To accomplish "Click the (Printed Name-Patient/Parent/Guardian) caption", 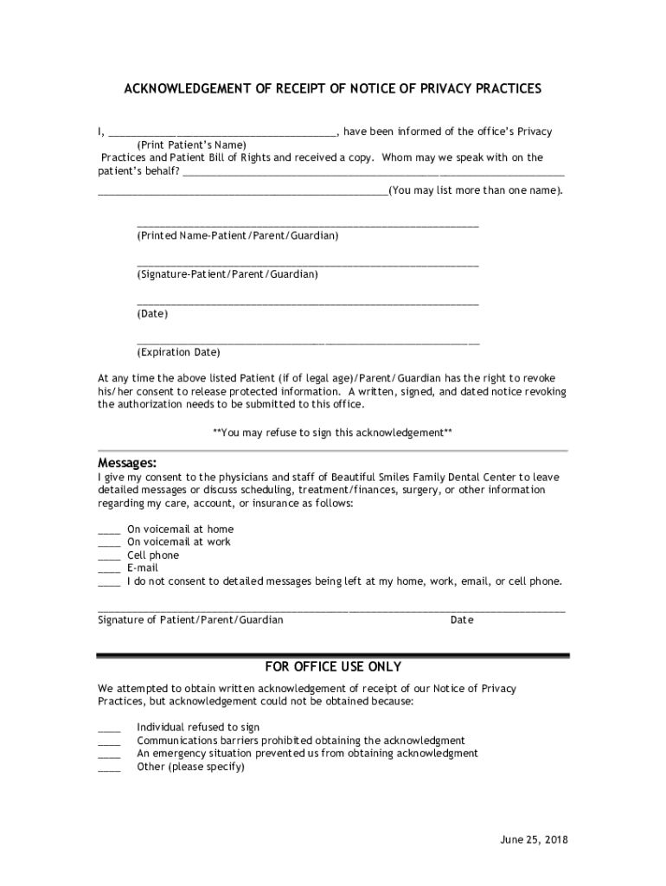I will pyautogui.click(x=237, y=235).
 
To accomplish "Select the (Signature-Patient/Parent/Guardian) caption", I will pyautogui.click(x=227, y=274).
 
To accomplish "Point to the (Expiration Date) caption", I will pyautogui.click(x=178, y=352).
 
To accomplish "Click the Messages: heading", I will pyautogui.click(x=127, y=463).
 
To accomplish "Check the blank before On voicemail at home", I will pyautogui.click(x=109, y=530).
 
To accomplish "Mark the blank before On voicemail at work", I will pyautogui.click(x=109, y=543).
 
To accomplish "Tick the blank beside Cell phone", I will pyautogui.click(x=109, y=555).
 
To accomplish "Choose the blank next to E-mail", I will pyautogui.click(x=109, y=568).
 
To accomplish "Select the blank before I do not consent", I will pyautogui.click(x=109, y=581).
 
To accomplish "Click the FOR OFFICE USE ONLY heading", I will pyautogui.click(x=333, y=667).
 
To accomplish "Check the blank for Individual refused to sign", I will pyautogui.click(x=109, y=728).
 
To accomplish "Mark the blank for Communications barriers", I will pyautogui.click(x=109, y=741).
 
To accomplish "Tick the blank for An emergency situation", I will pyautogui.click(x=109, y=754).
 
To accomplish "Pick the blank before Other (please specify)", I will pyautogui.click(x=109, y=767).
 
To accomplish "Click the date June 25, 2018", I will pyautogui.click(x=535, y=840).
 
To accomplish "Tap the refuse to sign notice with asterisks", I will pyautogui.click(x=332, y=432).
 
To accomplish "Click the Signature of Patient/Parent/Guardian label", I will pyautogui.click(x=190, y=620).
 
